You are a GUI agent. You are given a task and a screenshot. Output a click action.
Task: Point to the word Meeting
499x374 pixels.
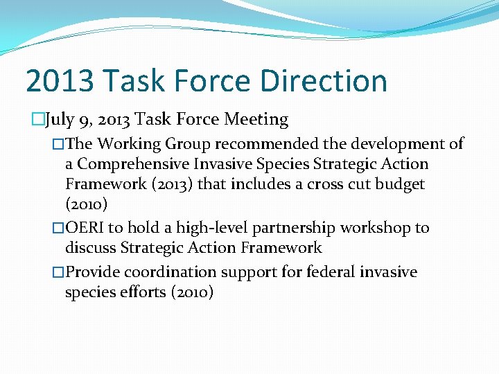(x=256, y=120)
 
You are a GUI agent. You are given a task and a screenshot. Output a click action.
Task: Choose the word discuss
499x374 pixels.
(x=90, y=247)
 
